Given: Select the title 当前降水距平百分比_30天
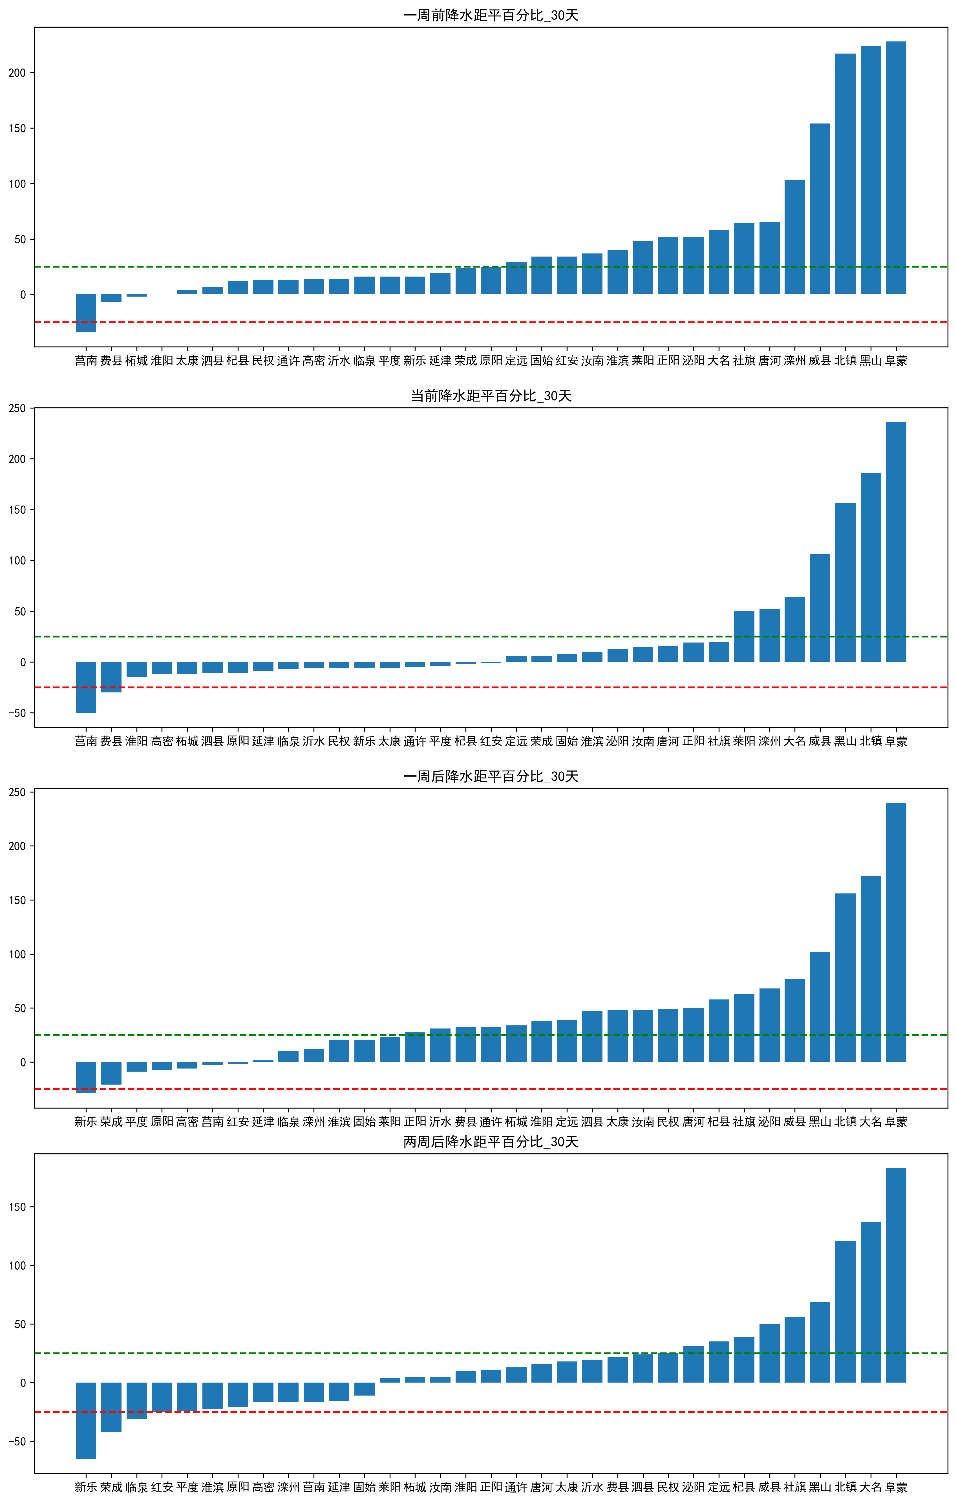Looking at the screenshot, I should [491, 396].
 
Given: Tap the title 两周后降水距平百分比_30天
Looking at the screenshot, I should [491, 1141].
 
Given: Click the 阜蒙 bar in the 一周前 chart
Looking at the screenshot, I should [896, 168].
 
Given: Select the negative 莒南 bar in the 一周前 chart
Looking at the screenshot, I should [86, 313].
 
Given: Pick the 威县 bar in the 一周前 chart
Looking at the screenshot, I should [820, 209].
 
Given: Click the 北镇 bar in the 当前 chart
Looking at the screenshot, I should [871, 567].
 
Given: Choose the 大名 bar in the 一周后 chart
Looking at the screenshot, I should [871, 969].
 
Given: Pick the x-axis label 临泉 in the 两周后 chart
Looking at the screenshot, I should [136, 1487].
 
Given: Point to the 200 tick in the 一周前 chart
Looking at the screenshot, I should [17, 73].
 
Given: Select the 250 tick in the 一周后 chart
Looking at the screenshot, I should [17, 792].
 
